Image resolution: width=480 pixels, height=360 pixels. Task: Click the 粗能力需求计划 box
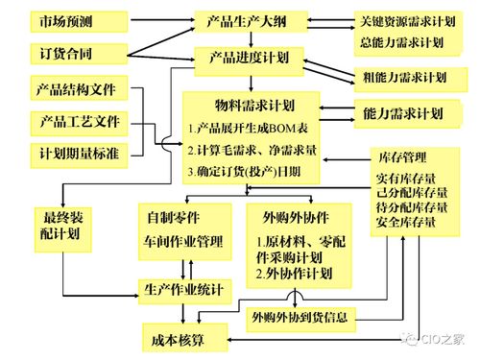tap(404, 77)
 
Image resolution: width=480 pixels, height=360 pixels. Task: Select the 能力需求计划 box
tap(404, 114)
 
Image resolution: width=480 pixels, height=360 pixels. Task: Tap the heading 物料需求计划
tap(256, 105)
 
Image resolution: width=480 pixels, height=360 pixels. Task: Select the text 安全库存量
tap(405, 223)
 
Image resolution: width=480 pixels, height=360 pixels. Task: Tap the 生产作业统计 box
tap(184, 288)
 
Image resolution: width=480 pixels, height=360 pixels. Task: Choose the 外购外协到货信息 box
tap(300, 317)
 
